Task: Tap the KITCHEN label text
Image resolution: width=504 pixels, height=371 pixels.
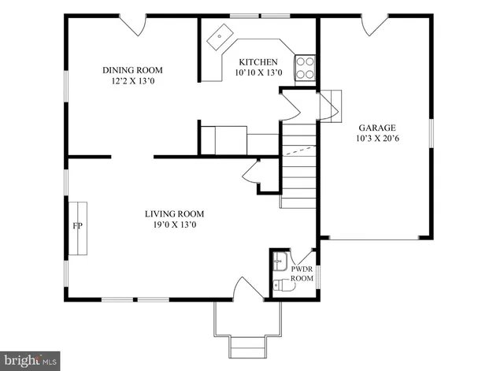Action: [258, 62]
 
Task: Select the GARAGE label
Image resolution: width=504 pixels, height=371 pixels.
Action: [376, 128]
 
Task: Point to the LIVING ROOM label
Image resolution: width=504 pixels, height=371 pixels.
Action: [174, 213]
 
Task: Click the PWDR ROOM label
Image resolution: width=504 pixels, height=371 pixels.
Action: [302, 273]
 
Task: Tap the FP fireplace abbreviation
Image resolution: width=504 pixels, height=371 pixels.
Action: [78, 226]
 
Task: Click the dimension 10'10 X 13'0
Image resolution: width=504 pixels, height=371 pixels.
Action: [258, 73]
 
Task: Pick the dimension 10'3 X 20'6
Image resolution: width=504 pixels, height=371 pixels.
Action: [376, 139]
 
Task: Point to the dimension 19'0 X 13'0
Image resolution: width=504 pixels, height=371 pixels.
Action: [174, 225]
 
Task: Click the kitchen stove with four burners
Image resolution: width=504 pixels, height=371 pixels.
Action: [305, 69]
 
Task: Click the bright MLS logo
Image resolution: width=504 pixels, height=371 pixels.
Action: [29, 360]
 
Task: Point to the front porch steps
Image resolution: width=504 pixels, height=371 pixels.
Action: [246, 346]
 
